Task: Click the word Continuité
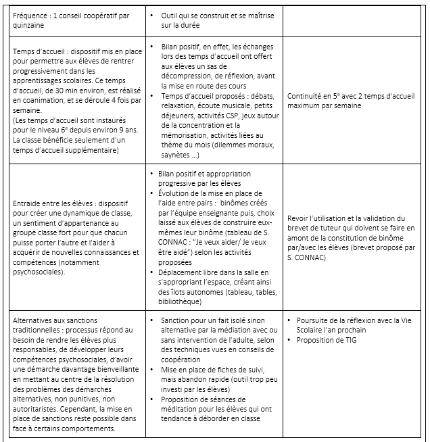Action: pos(307,96)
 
